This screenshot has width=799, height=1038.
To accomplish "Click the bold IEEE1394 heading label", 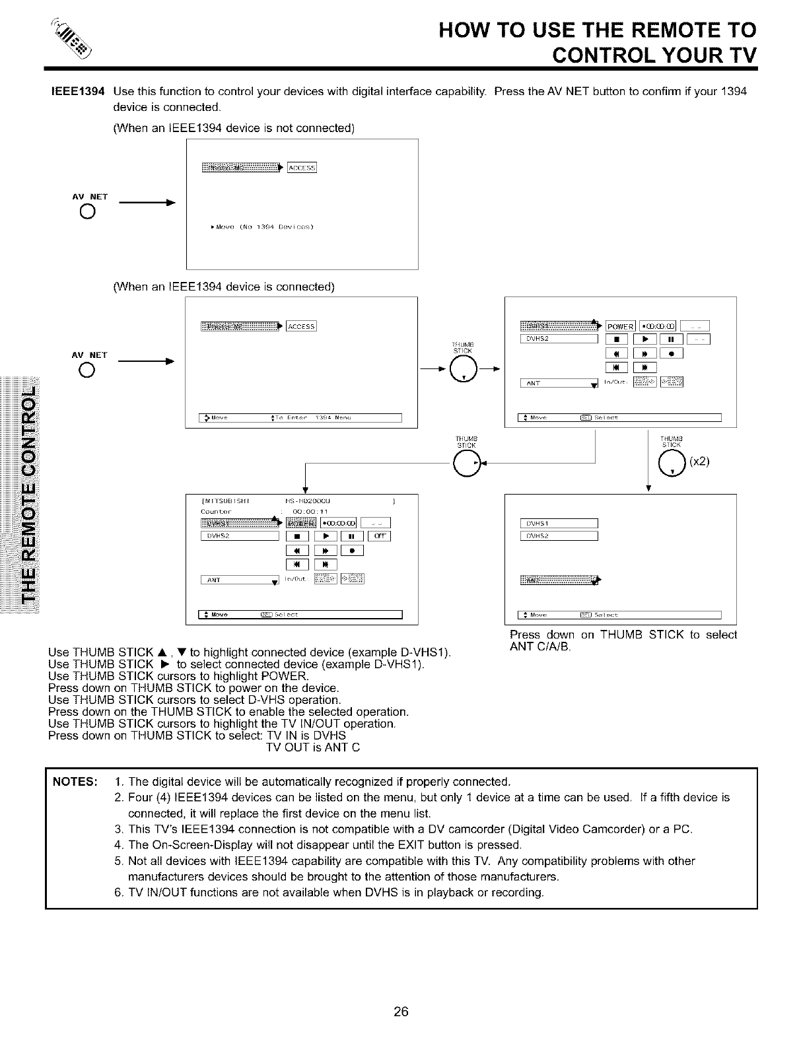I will (x=78, y=91).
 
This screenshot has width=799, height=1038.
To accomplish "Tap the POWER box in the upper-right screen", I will (x=620, y=326).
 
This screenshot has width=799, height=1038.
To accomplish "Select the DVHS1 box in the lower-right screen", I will (x=559, y=524).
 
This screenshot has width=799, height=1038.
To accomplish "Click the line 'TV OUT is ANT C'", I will (x=312, y=747).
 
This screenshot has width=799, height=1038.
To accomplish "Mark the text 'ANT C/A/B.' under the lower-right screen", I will (x=541, y=646).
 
